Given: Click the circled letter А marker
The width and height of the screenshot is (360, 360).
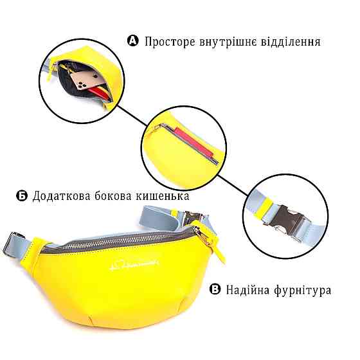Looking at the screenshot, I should pyautogui.click(x=133, y=42).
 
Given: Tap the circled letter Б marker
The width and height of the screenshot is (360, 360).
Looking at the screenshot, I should pyautogui.click(x=21, y=196).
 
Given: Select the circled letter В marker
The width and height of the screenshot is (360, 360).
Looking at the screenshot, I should pyautogui.click(x=215, y=290).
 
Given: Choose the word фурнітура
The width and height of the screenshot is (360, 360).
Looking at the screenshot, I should pyautogui.click(x=303, y=290).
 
